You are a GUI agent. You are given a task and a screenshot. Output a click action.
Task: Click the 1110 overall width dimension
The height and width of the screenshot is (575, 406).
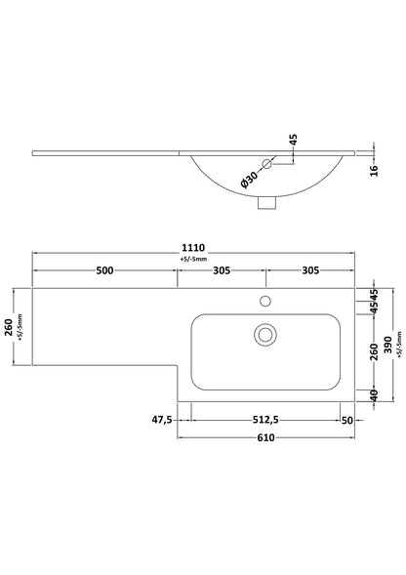[194, 248]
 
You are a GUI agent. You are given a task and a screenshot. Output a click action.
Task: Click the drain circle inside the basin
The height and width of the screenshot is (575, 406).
[264, 335]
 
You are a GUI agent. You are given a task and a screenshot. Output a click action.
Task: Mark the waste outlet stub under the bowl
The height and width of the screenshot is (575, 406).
[264, 203]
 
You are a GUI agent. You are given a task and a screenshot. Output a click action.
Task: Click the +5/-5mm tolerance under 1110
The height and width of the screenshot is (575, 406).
[194, 260]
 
